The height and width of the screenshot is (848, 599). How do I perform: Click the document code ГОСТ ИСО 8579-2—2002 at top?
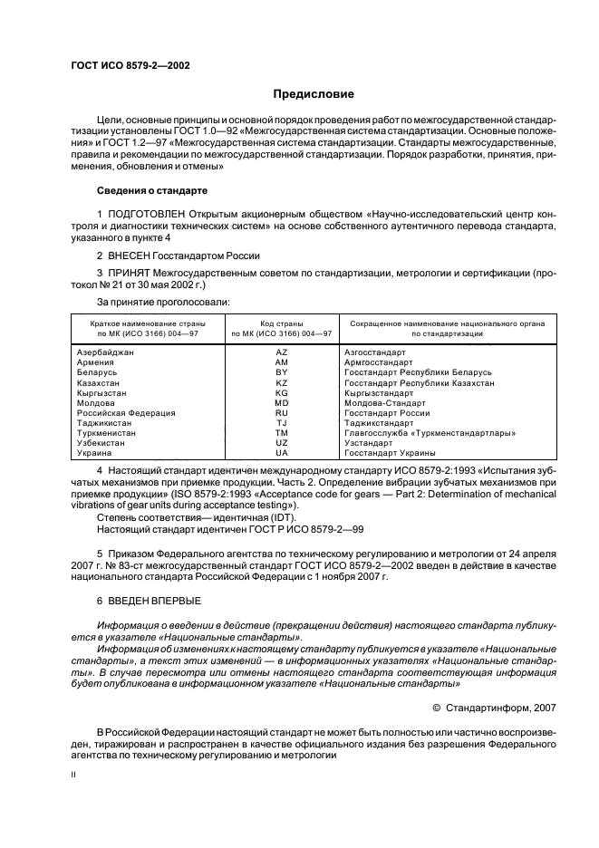pyautogui.click(x=130, y=64)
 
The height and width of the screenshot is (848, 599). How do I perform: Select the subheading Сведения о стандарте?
pyautogui.click(x=152, y=191)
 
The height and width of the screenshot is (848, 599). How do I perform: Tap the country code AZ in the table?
pyautogui.click(x=281, y=352)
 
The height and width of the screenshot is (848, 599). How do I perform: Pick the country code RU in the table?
pyautogui.click(x=281, y=412)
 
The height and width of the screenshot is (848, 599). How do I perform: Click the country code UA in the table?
pyautogui.click(x=281, y=453)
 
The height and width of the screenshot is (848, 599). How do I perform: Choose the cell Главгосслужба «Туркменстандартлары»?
pyautogui.click(x=430, y=433)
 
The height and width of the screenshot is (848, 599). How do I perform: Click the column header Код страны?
pyautogui.click(x=281, y=323)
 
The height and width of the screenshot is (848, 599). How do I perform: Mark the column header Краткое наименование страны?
pyautogui.click(x=147, y=323)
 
